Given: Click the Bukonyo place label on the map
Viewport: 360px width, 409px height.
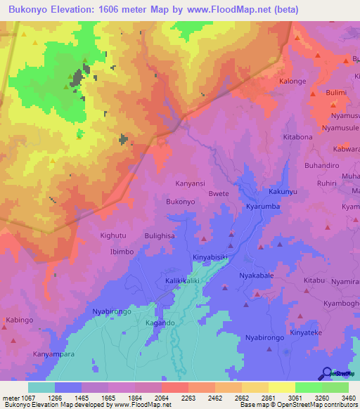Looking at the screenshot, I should pyautogui.click(x=180, y=202).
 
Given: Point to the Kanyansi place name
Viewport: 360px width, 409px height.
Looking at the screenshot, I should pyautogui.click(x=189, y=183).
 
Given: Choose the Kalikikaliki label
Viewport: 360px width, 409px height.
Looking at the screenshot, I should pyautogui.click(x=165, y=280).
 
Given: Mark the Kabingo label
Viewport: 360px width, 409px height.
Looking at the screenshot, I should pyautogui.click(x=20, y=320).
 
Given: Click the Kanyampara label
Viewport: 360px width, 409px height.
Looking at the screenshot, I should pyautogui.click(x=53, y=354).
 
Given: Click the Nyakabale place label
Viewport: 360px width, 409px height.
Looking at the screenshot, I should pyautogui.click(x=257, y=275).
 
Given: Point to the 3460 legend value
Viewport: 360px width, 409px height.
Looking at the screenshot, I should pyautogui.click(x=348, y=397).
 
